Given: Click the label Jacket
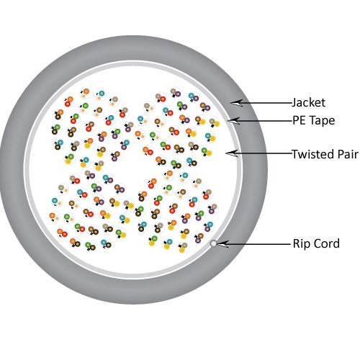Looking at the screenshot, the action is (308, 103).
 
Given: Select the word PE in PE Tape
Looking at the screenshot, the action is (299, 120).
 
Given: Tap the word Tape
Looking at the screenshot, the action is (321, 120).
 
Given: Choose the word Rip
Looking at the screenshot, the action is (302, 244).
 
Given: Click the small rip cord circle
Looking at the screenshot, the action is (213, 243).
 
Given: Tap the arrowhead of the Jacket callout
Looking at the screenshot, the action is (237, 103).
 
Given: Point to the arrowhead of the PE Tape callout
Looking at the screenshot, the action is (233, 121).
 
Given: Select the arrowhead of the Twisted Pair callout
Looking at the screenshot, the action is (232, 153).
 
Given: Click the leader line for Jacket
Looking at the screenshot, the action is (264, 103).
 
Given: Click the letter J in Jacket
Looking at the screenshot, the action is (294, 103).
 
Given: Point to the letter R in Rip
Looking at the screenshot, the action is (297, 243).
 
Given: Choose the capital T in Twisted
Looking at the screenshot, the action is (295, 154).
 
